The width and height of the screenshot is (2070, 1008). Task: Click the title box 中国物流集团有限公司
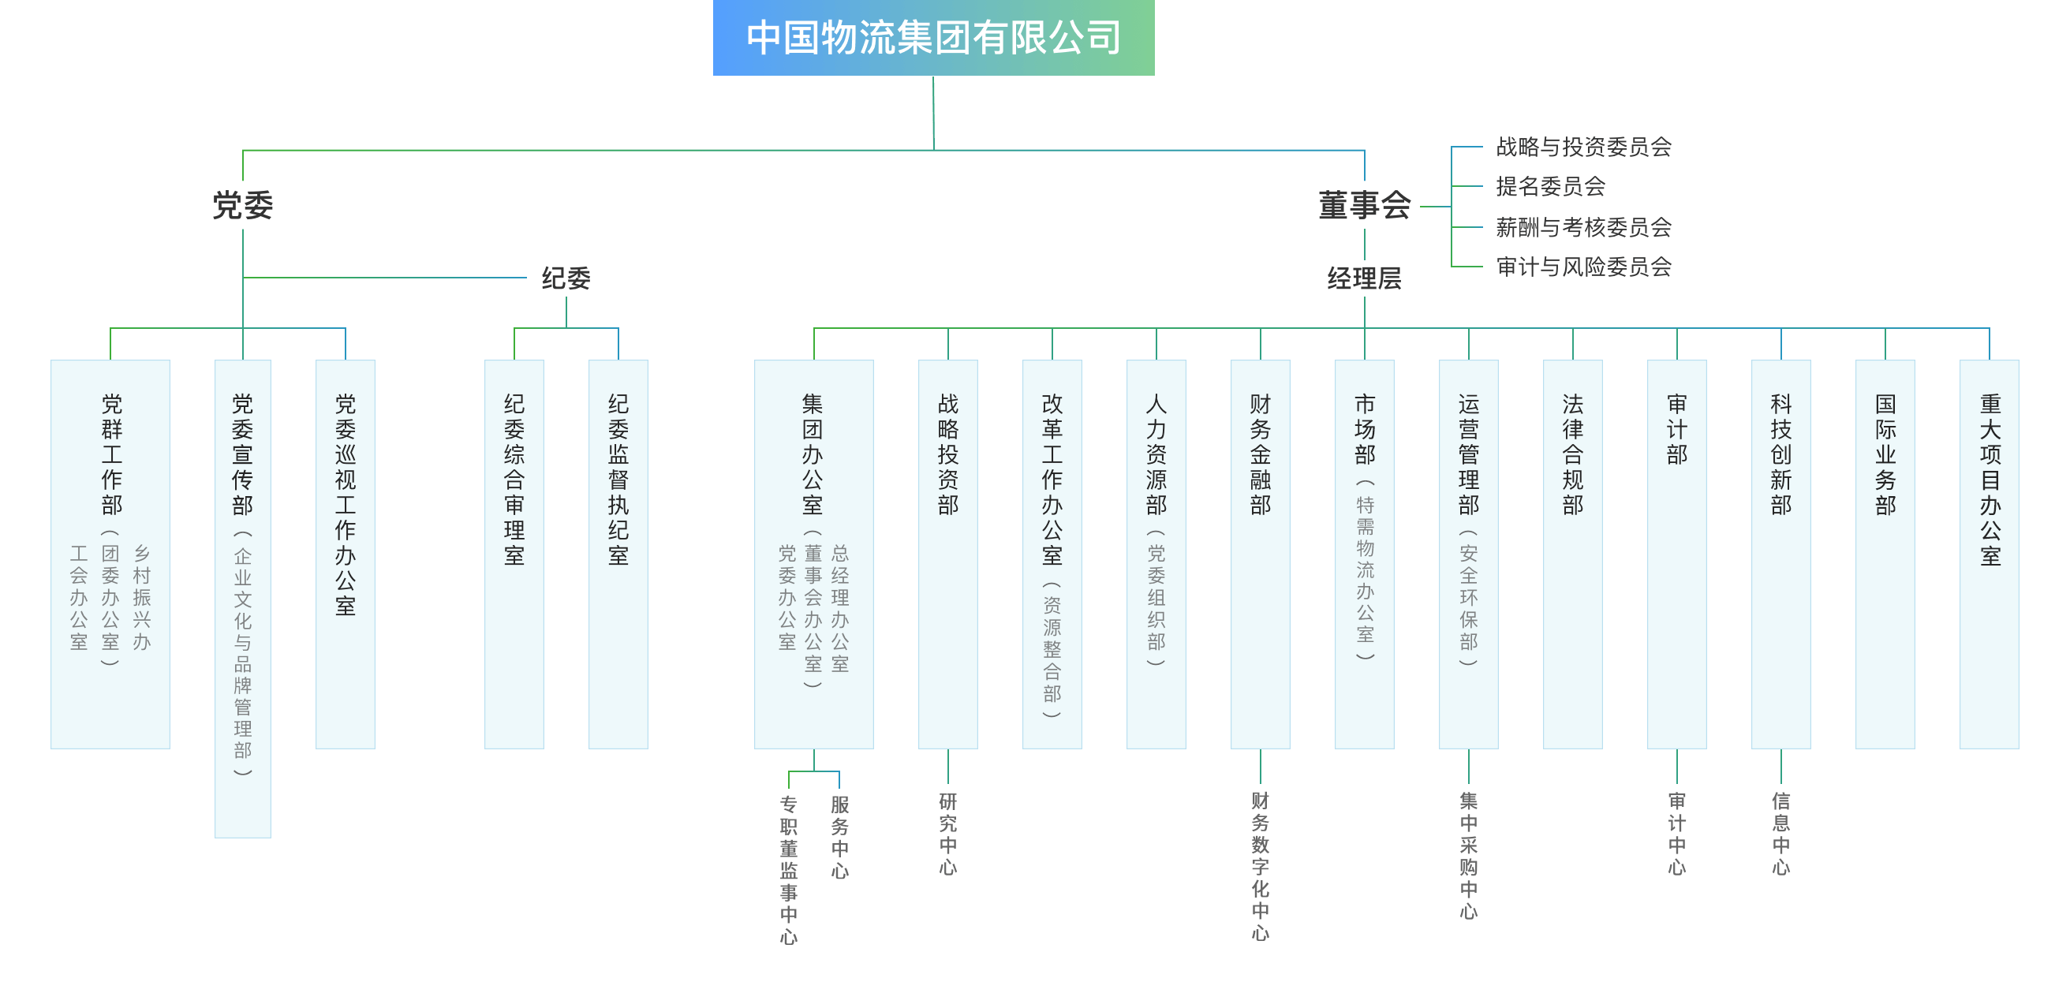[x=933, y=38]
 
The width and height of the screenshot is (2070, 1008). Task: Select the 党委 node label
[x=243, y=206]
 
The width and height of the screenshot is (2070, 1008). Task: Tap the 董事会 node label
[x=1364, y=206]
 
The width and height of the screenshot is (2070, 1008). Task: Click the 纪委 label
[x=566, y=278]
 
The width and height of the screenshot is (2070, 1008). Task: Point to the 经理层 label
[x=1364, y=278]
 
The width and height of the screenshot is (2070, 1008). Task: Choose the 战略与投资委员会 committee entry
[x=1583, y=147]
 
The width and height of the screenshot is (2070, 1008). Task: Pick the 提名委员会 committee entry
[x=1550, y=186]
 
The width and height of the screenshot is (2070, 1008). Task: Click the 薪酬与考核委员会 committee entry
[x=1583, y=227]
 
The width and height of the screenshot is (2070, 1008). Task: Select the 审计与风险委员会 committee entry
[x=1583, y=267]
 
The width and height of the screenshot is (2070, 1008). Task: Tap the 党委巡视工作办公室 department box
[x=346, y=554]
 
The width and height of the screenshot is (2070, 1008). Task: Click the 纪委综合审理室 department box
[x=514, y=554]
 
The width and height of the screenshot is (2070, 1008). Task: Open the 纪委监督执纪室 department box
[x=618, y=554]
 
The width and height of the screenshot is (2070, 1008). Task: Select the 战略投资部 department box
[x=948, y=554]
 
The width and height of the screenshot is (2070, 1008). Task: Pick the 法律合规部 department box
[x=1572, y=554]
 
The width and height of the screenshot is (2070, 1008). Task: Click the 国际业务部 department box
[x=1885, y=554]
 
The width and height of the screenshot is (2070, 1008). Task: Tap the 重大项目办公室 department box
[x=1990, y=554]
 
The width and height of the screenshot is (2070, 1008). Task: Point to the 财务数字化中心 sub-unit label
[x=1260, y=866]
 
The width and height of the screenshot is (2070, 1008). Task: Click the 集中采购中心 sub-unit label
[x=1468, y=856]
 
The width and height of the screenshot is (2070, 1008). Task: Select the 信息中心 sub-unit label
[x=1780, y=834]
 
